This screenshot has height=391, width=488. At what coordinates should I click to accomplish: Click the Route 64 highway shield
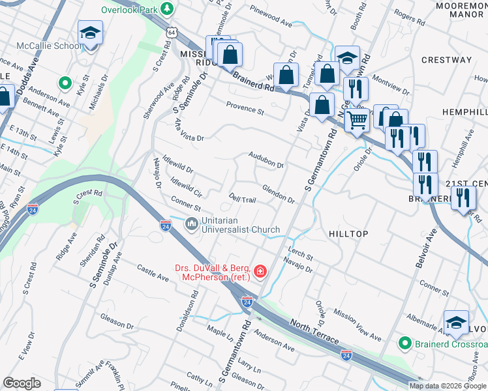[171, 31]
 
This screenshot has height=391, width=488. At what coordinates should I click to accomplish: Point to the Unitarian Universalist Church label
[241, 225]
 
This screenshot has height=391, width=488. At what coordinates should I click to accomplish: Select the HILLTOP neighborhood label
[348, 234]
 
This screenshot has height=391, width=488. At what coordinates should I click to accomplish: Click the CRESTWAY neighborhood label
[446, 60]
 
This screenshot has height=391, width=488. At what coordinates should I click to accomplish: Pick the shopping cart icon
[356, 121]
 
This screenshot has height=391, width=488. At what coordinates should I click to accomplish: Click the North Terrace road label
[314, 332]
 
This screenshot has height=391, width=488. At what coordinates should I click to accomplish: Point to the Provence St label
[245, 109]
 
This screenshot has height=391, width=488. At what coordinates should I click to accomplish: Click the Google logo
[22, 383]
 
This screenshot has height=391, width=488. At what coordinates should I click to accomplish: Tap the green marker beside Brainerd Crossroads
[404, 343]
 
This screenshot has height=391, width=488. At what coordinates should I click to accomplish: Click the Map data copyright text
[448, 386]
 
